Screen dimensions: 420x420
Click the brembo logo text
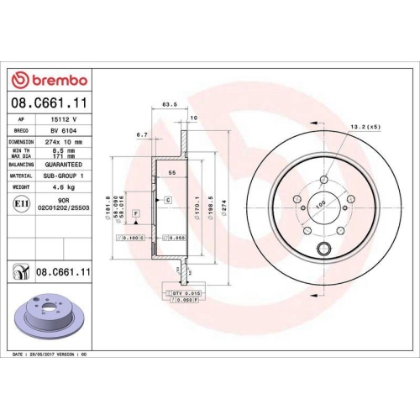pos(55,81)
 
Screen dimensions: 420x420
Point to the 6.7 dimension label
pos(142,134)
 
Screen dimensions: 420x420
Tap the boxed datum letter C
pos(168,200)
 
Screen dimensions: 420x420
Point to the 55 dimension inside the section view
pos(173,171)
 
